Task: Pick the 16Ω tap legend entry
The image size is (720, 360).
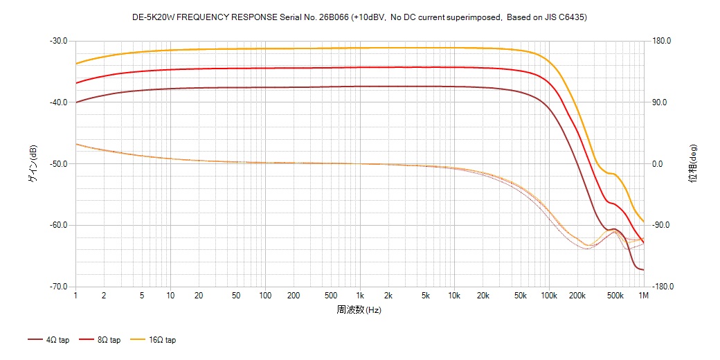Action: coord(153,340)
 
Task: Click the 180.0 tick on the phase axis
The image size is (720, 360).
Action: coord(660,41)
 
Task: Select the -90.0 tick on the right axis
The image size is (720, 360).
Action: coord(660,226)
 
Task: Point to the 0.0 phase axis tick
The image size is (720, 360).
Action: coord(658,164)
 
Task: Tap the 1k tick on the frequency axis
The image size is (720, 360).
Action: coord(359,296)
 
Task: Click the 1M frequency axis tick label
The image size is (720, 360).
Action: coord(643,296)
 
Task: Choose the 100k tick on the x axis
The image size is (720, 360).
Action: coord(548,296)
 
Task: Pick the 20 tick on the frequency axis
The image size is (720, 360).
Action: coord(199,296)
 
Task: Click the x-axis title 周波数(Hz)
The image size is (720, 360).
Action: coord(359,309)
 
